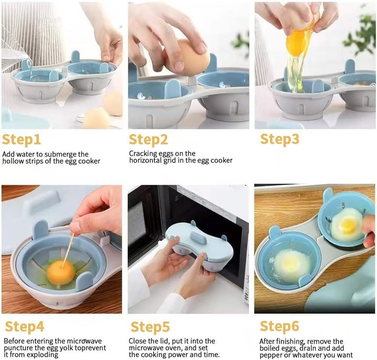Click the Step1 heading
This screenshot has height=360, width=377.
pyautogui.click(x=21, y=140)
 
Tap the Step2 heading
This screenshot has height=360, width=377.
pyautogui.click(x=148, y=140)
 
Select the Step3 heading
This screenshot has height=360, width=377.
pyautogui.click(x=280, y=139)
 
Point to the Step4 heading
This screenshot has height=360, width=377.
pyautogui.click(x=24, y=327)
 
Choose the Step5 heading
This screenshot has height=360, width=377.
pyautogui.click(x=150, y=327)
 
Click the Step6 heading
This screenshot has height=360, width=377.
pyautogui.click(x=279, y=326)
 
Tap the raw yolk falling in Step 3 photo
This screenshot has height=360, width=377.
pyautogui.click(x=296, y=43)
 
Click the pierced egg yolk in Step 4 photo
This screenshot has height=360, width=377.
pyautogui.click(x=61, y=272)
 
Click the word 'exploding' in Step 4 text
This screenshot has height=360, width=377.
pyautogui.click(x=42, y=355)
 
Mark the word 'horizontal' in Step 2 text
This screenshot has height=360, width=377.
pyautogui.click(x=145, y=160)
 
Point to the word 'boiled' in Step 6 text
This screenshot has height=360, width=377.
pyautogui.click(x=268, y=348)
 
